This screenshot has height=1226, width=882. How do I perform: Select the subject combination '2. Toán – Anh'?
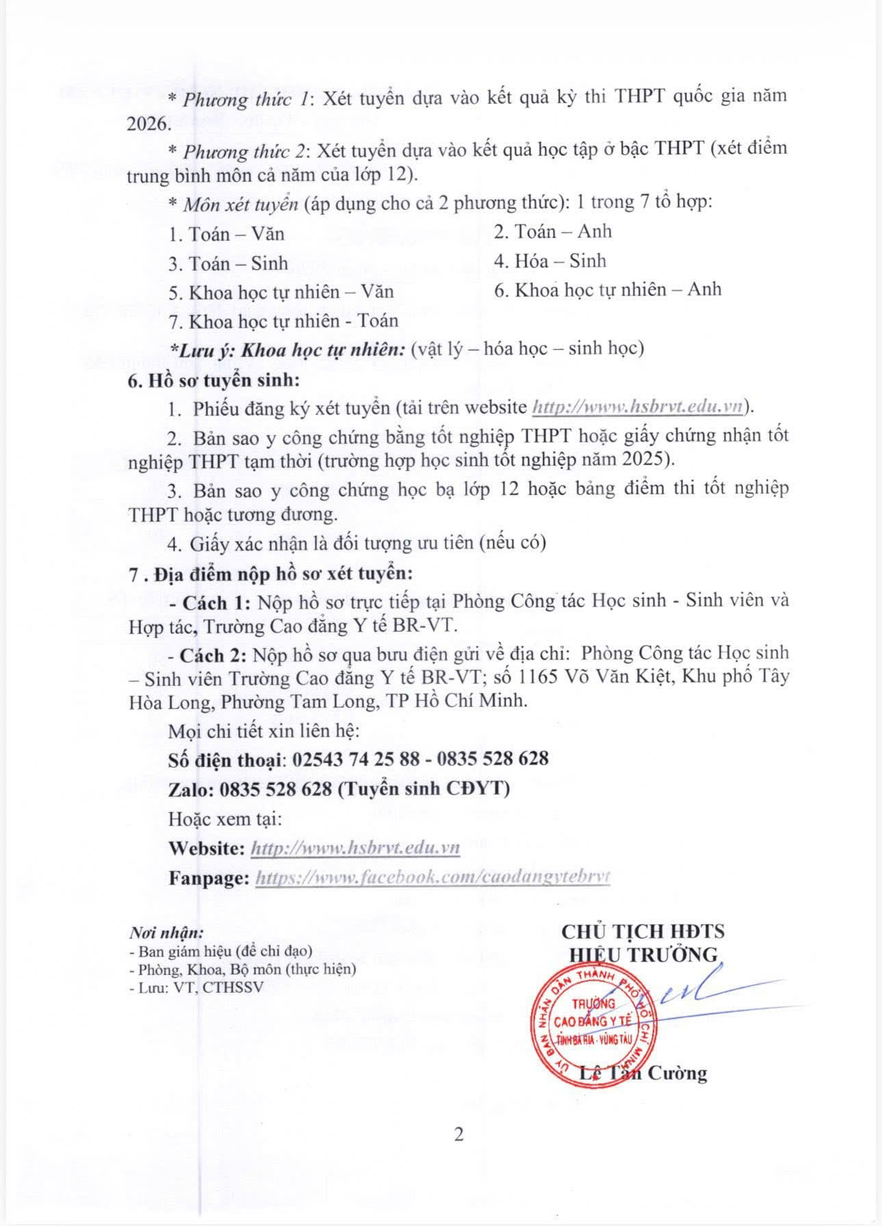[553, 232]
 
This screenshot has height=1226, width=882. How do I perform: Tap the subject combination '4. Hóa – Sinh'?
[550, 261]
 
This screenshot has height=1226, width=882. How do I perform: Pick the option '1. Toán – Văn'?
[226, 235]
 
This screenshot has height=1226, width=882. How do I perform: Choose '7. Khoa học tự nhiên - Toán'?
[283, 321]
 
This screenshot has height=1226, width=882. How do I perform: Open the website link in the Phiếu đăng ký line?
[638, 407]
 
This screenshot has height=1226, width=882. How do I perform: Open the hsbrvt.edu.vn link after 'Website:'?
[355, 848]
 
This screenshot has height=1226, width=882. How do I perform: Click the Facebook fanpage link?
[432, 877]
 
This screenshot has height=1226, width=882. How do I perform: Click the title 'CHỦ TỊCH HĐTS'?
[643, 931]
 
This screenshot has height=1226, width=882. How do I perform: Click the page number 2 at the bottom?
[459, 1134]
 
